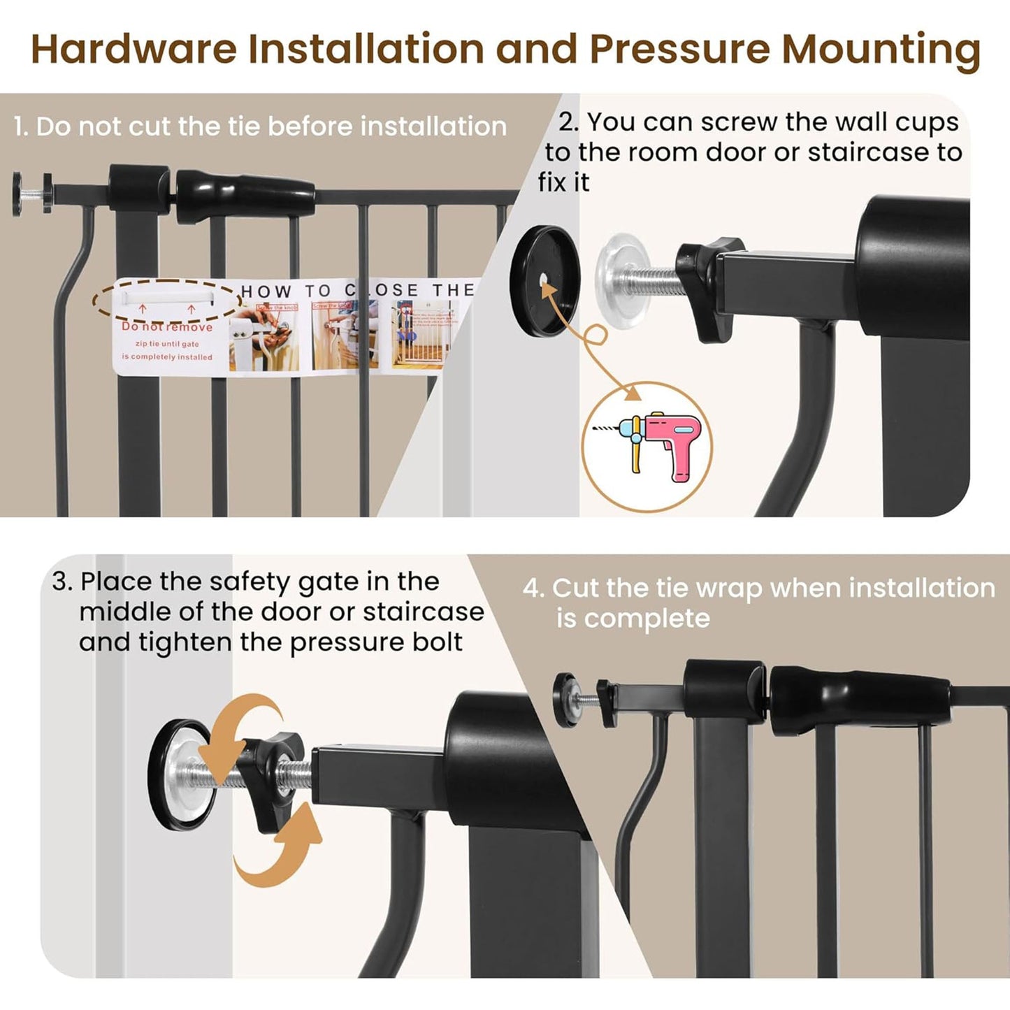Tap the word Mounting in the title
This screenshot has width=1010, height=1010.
pos(881,50)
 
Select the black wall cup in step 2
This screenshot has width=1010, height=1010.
pos(546,278)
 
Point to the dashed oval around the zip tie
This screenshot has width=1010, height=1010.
pos(168,301)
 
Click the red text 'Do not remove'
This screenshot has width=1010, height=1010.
pos(166,327)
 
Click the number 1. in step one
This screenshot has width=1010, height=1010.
pos(21,127)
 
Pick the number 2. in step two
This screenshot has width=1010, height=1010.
pos(568,122)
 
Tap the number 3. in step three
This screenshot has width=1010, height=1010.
pos(62,582)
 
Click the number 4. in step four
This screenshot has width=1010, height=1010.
pos(533,589)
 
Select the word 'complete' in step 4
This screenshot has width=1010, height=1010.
pos(647,619)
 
